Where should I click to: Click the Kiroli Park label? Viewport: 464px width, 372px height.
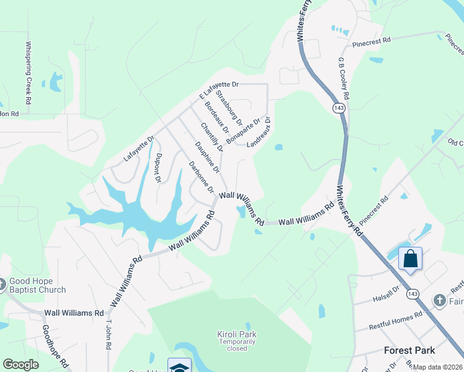click(236, 334)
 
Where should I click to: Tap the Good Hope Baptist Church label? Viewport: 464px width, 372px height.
click(37, 285)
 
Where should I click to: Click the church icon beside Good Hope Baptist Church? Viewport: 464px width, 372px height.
click(2, 285)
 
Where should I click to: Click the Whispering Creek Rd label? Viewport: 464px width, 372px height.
click(28, 73)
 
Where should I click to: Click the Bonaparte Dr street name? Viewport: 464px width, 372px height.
click(243, 130)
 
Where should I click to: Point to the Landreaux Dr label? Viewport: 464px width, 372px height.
click(259, 132)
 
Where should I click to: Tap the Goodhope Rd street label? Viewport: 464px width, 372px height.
click(56, 347)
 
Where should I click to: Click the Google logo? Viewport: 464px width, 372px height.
click(20, 365)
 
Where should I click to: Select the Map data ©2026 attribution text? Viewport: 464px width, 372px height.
click(438, 367)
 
